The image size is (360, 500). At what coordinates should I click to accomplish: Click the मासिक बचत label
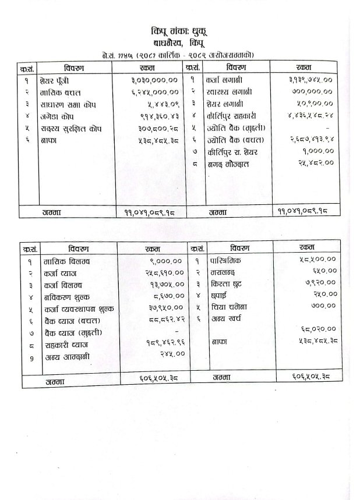57,93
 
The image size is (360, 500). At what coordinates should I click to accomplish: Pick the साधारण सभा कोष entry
65,105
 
